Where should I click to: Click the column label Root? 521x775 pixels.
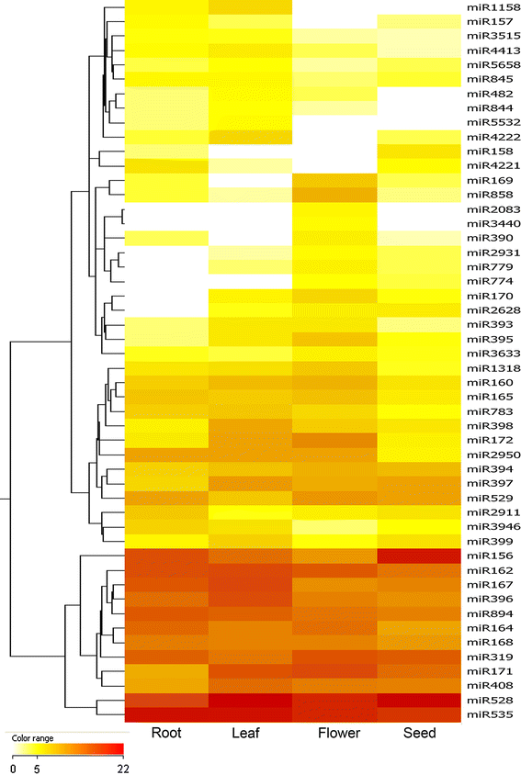click(165, 734)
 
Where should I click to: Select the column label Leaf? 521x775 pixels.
click(248, 734)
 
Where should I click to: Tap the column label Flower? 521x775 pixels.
click(335, 734)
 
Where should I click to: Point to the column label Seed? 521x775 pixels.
click(418, 734)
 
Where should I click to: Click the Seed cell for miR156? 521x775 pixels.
click(419, 556)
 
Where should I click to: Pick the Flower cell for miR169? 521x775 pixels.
click(334, 180)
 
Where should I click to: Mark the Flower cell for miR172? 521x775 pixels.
click(334, 440)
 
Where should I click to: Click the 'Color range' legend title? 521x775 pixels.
click(32, 737)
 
